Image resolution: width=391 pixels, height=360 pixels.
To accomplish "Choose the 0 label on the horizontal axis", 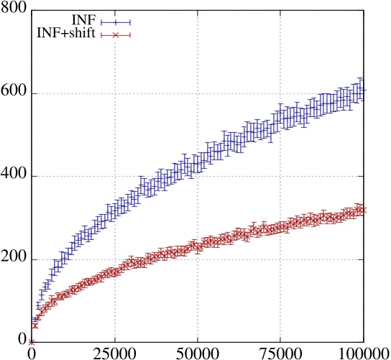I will [31, 353].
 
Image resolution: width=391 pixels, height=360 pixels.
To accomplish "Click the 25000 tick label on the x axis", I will [114, 353].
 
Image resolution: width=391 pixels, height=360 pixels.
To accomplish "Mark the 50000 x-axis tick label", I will [197, 353].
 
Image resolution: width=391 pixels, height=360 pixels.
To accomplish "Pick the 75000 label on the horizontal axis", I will [280, 353].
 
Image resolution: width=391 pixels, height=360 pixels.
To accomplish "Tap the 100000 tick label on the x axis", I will [363, 353].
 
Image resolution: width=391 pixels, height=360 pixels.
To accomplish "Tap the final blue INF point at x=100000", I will [363, 91].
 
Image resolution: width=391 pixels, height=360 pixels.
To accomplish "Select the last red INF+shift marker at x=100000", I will [363, 210].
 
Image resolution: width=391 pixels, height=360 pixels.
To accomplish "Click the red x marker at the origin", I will [31, 342].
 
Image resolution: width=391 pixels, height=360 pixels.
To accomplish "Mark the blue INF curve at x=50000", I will [197, 163].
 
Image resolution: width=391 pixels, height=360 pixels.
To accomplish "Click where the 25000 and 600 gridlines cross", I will [114, 93].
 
